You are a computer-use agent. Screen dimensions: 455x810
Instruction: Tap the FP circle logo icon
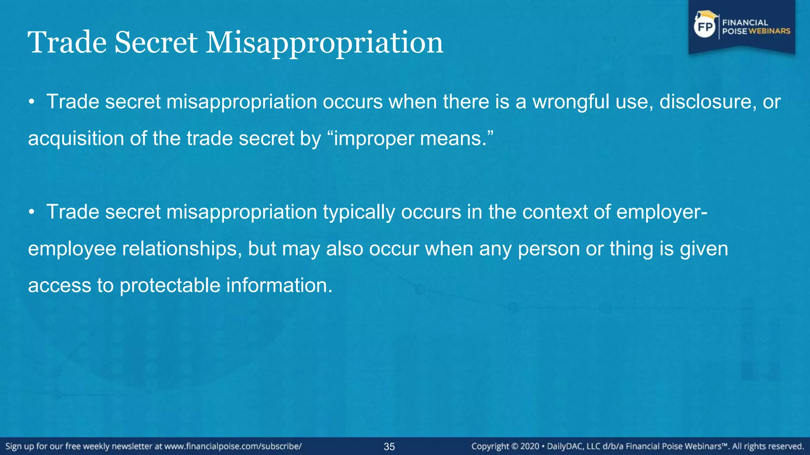[705, 27]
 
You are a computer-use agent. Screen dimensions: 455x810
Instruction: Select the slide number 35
[389, 447]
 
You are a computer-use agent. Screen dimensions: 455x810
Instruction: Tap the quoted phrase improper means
[411, 139]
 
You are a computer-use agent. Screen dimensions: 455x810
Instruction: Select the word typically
[359, 212]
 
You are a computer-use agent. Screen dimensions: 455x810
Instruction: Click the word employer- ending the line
[662, 212]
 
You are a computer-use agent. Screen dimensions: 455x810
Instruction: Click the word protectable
[170, 286]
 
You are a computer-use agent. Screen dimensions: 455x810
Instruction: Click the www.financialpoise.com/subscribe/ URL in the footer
[233, 447]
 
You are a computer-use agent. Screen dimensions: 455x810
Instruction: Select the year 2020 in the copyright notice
[530, 447]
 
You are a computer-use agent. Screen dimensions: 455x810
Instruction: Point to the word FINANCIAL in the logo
[745, 23]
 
